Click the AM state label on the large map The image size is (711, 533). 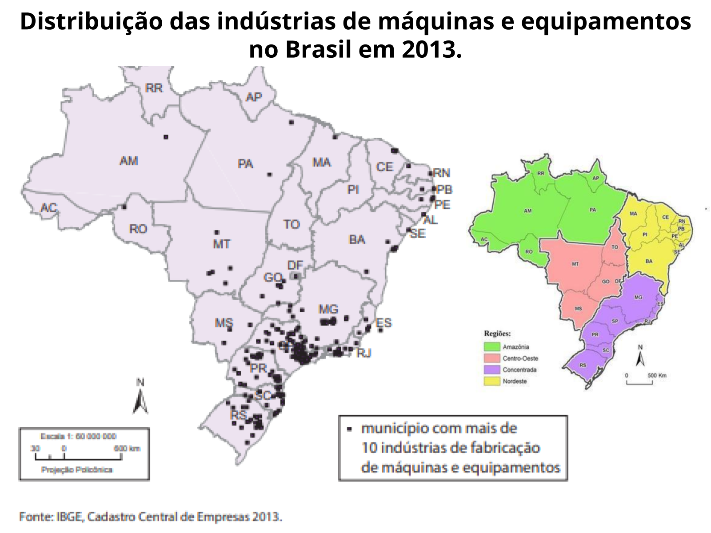point(129,161)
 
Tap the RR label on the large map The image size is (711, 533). point(154,88)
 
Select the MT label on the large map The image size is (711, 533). point(221,244)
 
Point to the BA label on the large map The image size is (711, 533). point(357,240)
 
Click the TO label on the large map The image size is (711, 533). point(292,224)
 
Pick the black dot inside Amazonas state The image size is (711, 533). point(166,137)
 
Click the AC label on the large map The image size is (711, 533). point(49,208)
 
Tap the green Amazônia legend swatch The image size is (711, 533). point(492,347)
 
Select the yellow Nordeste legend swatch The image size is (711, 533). point(492,381)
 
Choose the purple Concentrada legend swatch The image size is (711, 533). point(492,370)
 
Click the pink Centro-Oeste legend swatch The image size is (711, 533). point(492,358)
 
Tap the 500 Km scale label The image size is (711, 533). point(657,375)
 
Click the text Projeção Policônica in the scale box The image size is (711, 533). point(77,469)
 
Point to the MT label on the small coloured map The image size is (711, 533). point(575,264)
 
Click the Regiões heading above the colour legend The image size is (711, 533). point(497,334)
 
